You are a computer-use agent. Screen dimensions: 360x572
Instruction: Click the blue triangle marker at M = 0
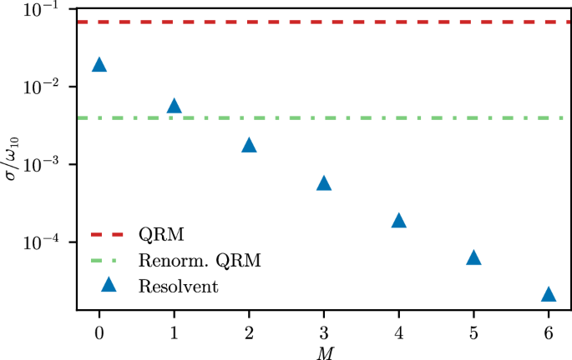(x=99, y=65)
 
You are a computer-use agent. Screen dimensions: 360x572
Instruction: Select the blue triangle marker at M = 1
(x=174, y=106)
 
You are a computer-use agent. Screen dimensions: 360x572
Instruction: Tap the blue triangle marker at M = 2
(x=249, y=145)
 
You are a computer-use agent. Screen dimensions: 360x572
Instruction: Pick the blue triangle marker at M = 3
(x=324, y=183)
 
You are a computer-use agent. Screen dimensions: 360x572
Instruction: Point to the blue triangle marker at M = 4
(x=398, y=221)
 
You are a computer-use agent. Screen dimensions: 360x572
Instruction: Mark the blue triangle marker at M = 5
(x=473, y=258)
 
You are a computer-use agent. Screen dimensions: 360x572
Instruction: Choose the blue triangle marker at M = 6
(x=549, y=294)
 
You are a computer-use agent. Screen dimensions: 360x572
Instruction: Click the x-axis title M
(x=324, y=352)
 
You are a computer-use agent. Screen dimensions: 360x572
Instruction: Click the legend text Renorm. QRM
(x=212, y=261)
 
